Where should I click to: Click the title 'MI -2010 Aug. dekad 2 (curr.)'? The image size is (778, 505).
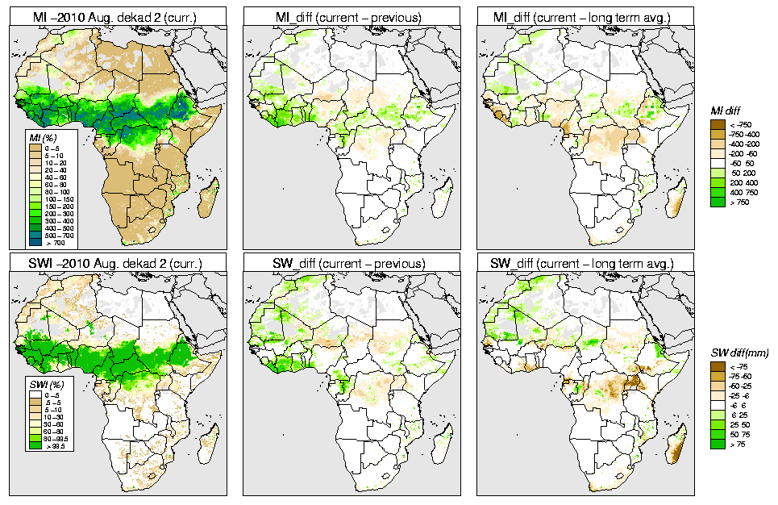118,15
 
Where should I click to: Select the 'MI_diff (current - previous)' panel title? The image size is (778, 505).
352,15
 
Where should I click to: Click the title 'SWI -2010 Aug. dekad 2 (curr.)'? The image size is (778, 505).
118,263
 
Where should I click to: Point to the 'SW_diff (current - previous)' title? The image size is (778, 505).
352,263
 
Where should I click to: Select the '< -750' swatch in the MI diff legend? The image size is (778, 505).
717,123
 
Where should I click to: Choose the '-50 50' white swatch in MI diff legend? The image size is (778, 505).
717,163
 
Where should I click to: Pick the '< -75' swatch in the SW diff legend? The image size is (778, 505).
717,365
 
